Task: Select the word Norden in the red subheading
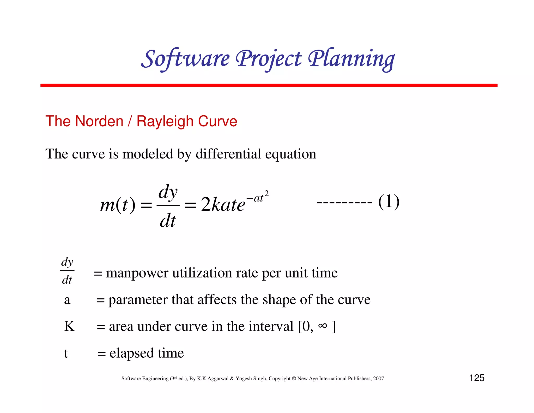point(99,121)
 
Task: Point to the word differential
point(228,154)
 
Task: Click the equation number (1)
point(389,202)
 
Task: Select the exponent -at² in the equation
point(257,197)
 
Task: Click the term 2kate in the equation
point(223,205)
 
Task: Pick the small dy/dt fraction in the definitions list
point(67,271)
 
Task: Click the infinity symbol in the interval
point(323,326)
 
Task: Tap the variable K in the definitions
point(69,326)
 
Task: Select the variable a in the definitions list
point(67,300)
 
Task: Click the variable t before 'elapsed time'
point(66,353)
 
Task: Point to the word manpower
point(137,273)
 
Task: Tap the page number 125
point(477,378)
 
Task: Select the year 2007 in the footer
point(378,379)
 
